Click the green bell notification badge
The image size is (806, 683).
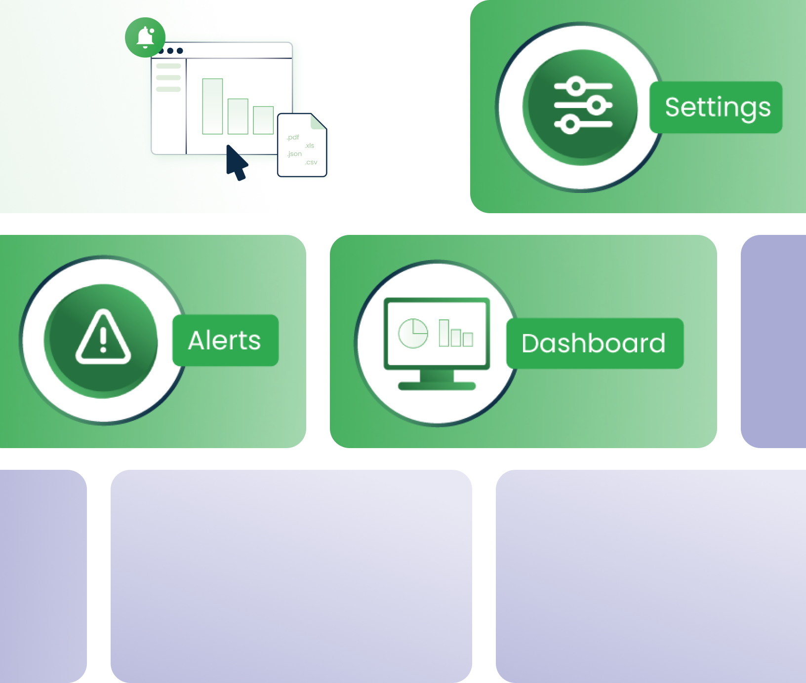145,38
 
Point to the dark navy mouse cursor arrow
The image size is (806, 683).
236,162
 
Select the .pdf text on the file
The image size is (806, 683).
293,137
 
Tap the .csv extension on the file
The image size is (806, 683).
311,162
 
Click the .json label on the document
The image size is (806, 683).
294,154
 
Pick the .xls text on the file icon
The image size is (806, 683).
309,146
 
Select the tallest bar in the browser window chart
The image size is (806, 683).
212,106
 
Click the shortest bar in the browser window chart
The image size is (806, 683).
263,120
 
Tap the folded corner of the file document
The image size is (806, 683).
318,121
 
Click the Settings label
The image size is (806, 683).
717,107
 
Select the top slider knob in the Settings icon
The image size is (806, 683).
576,86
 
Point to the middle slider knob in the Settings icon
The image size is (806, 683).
597,105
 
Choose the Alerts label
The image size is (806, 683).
225,341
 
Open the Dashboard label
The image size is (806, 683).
594,343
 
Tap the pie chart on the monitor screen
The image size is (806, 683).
413,333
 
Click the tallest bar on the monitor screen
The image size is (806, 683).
444,333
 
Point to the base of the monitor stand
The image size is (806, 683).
437,386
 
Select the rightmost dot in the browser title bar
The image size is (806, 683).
180,51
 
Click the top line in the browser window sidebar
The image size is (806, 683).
168,66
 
